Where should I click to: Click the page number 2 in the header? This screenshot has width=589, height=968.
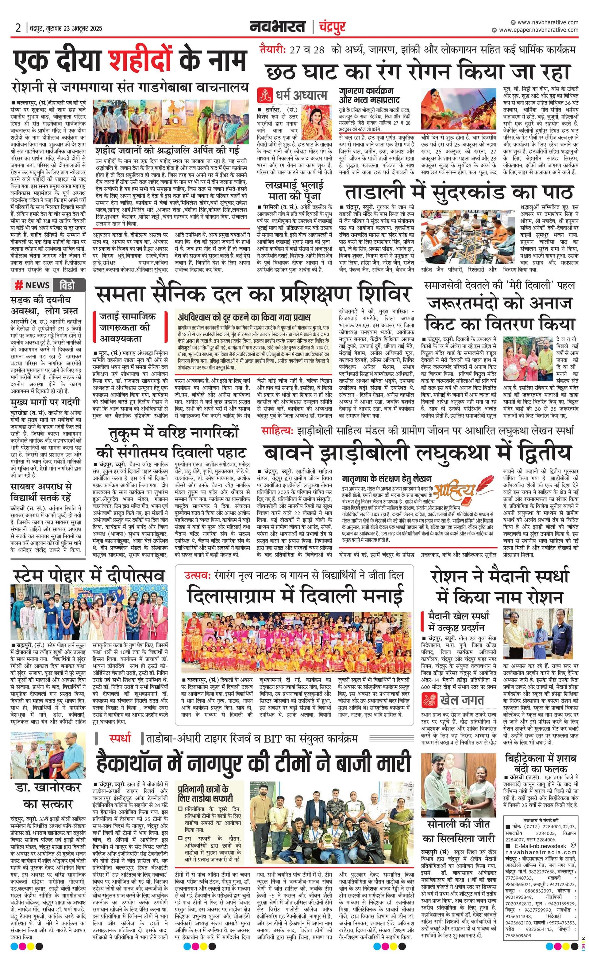tap(18, 28)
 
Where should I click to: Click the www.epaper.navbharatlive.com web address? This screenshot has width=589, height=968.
tap(538, 30)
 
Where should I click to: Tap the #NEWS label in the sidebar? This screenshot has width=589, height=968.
tap(32, 285)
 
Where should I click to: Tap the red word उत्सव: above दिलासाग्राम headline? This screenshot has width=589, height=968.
tap(198, 576)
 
